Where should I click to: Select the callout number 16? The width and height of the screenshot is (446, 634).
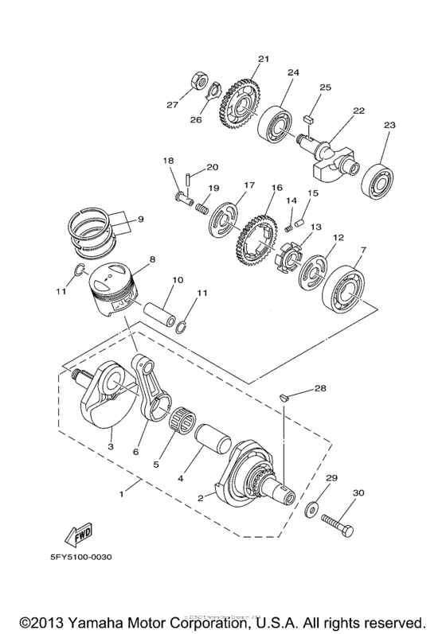(277, 188)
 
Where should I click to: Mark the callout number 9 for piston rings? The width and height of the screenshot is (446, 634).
(140, 220)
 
